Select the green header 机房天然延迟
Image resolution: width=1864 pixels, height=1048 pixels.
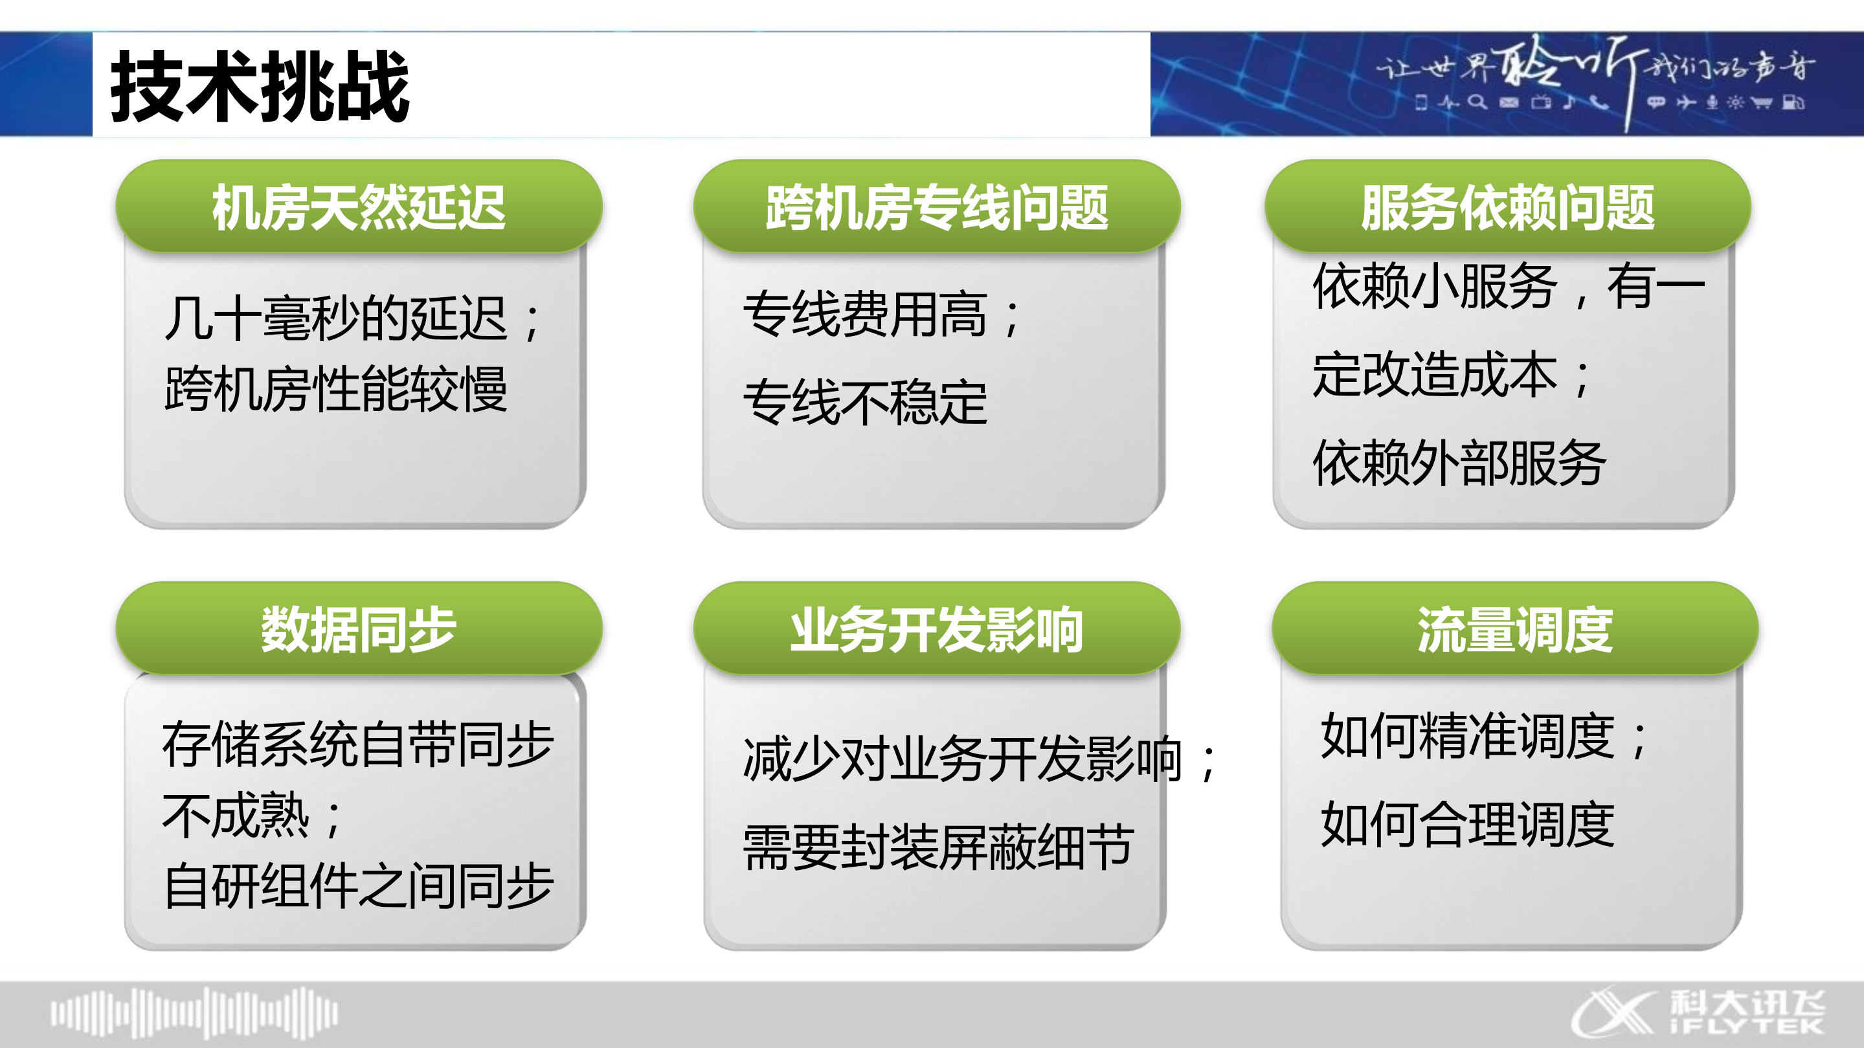point(359,207)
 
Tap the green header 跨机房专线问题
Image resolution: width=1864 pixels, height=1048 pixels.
point(937,207)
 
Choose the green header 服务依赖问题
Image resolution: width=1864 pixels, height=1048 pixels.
point(1508,207)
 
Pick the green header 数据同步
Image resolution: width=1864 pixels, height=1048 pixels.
point(359,629)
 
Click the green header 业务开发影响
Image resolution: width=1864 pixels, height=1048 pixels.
point(937,629)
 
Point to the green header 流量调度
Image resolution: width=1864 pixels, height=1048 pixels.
point(1515,629)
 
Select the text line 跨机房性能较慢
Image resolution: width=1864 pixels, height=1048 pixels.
point(336,389)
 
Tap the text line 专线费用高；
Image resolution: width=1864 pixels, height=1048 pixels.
point(883,315)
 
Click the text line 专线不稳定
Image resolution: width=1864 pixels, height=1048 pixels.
point(866,402)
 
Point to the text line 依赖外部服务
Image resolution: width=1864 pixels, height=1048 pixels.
point(1459,463)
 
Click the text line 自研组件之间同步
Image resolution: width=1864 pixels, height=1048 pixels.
point(359,886)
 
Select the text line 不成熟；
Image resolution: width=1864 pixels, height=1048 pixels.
point(253,816)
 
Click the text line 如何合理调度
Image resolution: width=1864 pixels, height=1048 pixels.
point(1468,825)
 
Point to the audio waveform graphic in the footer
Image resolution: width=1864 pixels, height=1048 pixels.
point(194,1013)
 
